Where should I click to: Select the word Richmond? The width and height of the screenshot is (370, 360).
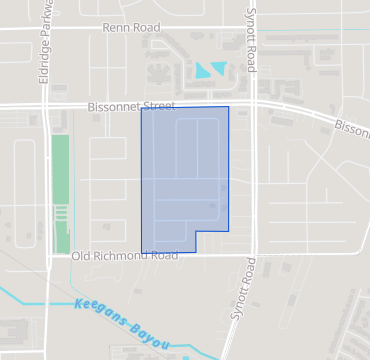point(125,256)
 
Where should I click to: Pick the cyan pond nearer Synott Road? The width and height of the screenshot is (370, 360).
point(219,67)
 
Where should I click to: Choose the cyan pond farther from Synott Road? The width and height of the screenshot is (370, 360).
point(203,71)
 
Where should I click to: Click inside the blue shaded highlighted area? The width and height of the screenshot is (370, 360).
point(185,175)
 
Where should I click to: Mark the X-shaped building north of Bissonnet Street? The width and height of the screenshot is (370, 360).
point(157,73)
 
